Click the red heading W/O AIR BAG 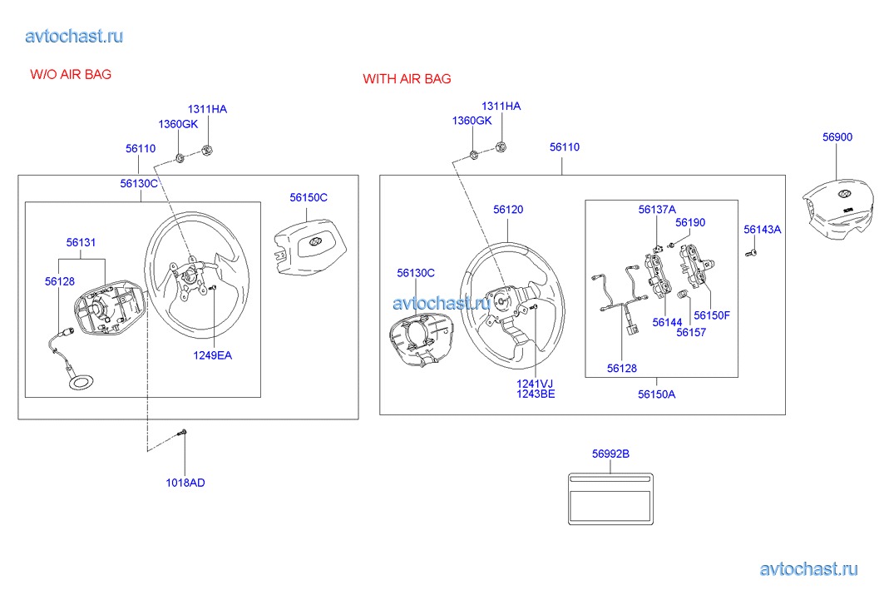(71, 74)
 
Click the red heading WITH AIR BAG (407, 78)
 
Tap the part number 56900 (837, 136)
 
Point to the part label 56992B (610, 454)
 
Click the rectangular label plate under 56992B (610, 499)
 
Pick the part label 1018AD (185, 483)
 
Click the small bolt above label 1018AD (181, 434)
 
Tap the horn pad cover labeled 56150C (309, 248)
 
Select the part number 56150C (309, 197)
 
